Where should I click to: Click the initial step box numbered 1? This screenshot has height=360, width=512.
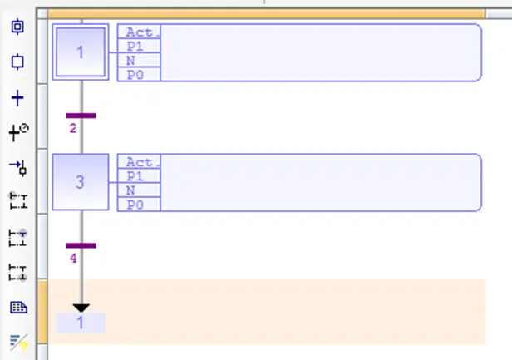point(81,52)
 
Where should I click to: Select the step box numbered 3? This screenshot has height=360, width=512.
point(81,182)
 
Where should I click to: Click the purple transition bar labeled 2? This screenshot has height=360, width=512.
point(81,116)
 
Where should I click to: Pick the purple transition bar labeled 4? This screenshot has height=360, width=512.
point(81,245)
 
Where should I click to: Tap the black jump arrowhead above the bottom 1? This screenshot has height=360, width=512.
point(81,308)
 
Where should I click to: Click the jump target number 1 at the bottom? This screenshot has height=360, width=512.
point(81,323)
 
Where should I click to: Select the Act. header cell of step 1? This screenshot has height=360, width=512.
point(139,32)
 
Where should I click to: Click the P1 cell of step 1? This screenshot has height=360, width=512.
point(139,46)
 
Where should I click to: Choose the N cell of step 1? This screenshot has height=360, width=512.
point(139,61)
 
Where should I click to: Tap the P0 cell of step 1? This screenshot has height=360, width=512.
point(139,75)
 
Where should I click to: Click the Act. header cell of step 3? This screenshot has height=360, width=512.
point(139,161)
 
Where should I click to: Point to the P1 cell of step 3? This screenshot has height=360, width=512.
point(139,176)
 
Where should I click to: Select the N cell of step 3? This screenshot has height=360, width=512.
point(139,190)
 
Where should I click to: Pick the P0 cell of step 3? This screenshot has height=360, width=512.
point(139,205)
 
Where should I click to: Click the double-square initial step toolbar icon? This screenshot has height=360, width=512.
point(17,27)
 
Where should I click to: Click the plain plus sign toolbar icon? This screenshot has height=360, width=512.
point(17,98)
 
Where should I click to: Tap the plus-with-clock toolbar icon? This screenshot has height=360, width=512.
point(18,133)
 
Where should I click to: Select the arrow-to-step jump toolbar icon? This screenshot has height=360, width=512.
point(18,168)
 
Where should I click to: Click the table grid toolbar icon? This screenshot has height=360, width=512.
point(18,308)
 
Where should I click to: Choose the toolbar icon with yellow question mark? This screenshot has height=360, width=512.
point(18,343)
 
